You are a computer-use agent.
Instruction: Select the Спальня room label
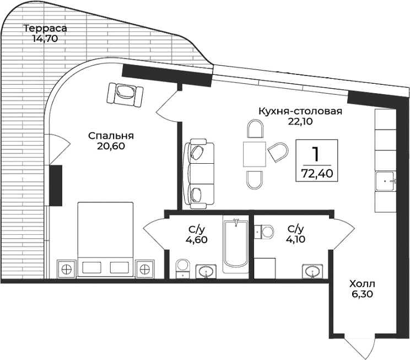(x=112, y=136)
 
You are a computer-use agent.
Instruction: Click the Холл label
(x=362, y=284)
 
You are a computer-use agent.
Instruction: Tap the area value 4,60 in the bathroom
(x=196, y=239)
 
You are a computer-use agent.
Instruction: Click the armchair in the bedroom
(x=126, y=94)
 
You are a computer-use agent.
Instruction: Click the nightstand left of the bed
(x=67, y=270)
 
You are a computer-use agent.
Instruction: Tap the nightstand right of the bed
(x=145, y=270)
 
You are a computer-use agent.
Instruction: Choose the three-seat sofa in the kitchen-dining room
(x=198, y=174)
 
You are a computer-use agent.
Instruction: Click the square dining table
(x=255, y=153)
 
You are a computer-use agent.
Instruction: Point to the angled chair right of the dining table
(x=278, y=152)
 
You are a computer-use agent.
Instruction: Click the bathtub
(x=236, y=245)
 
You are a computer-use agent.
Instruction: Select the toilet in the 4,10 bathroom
(x=266, y=231)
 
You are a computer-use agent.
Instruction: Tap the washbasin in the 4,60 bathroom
(x=207, y=271)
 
